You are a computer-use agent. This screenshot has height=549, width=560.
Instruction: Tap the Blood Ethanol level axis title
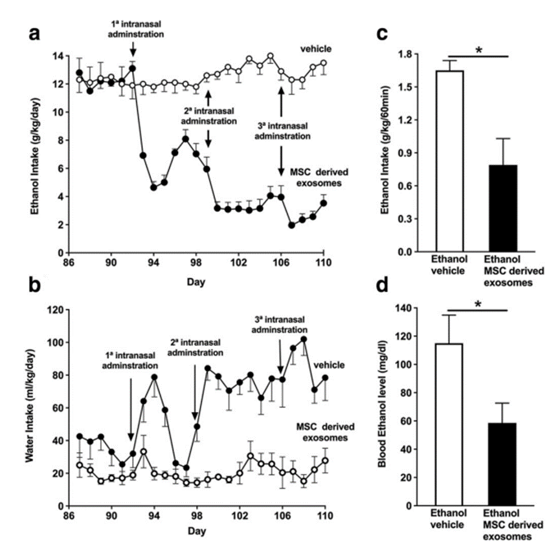click(386, 407)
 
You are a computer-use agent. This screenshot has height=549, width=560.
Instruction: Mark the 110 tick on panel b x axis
click(324, 517)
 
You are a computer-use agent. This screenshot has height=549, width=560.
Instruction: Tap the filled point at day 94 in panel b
click(154, 377)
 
